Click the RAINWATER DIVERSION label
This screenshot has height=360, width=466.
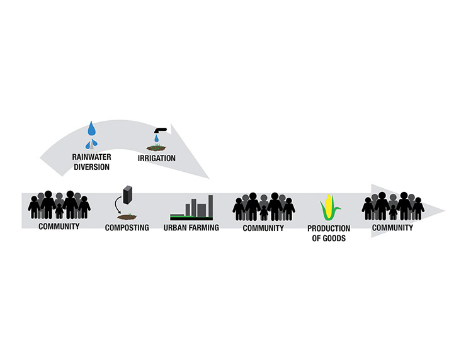pyautogui.click(x=92, y=162)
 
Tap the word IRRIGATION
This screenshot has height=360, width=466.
pyautogui.click(x=156, y=158)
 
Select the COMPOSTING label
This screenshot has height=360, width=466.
pyautogui.click(x=127, y=227)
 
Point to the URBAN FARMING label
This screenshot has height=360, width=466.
pyautogui.click(x=191, y=227)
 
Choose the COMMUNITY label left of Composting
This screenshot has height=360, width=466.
pyautogui.click(x=59, y=226)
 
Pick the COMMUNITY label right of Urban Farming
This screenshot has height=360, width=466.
pyautogui.click(x=263, y=227)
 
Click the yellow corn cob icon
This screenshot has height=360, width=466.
pyautogui.click(x=329, y=207)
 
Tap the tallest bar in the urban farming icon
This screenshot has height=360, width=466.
pyautogui.click(x=210, y=206)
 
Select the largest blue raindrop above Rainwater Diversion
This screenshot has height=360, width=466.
pyautogui.click(x=93, y=129)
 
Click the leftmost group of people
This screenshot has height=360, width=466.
pyautogui.click(x=59, y=205)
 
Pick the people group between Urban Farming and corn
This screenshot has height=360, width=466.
pyautogui.click(x=263, y=206)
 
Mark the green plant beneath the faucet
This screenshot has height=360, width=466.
pyautogui.click(x=156, y=145)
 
